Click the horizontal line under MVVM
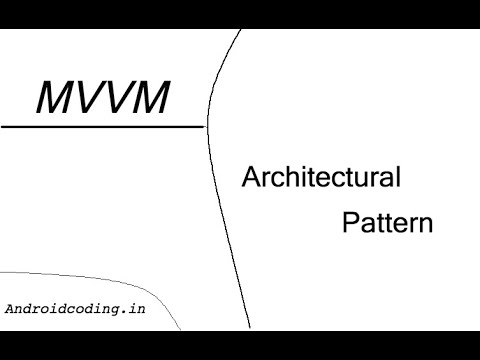[100, 127]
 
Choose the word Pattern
[388, 222]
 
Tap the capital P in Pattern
[351, 222]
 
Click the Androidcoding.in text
[75, 309]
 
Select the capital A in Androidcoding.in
[9, 309]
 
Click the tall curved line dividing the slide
[221, 200]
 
